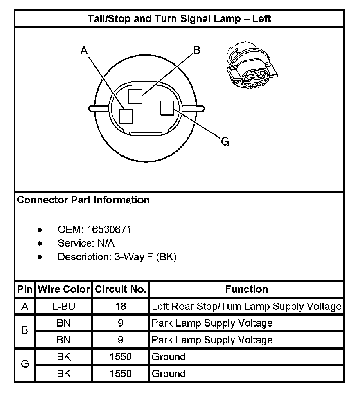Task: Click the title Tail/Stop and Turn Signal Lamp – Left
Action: click(179, 18)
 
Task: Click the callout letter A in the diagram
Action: click(84, 50)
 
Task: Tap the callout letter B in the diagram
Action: click(196, 50)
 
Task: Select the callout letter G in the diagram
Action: click(225, 141)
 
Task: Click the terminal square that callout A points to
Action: click(126, 117)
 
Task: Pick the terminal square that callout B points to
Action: click(135, 96)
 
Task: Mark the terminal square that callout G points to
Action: click(168, 108)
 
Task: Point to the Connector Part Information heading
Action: click(83, 200)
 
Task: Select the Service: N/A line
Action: click(86, 243)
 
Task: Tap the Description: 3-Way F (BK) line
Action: click(117, 257)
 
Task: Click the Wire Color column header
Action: click(64, 289)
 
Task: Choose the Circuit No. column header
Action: click(121, 289)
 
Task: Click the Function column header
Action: click(246, 289)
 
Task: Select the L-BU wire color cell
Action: click(64, 306)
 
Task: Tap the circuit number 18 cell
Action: click(121, 306)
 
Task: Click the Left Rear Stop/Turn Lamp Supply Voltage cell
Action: click(246, 306)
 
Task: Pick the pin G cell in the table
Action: click(25, 365)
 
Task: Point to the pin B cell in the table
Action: click(25, 331)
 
